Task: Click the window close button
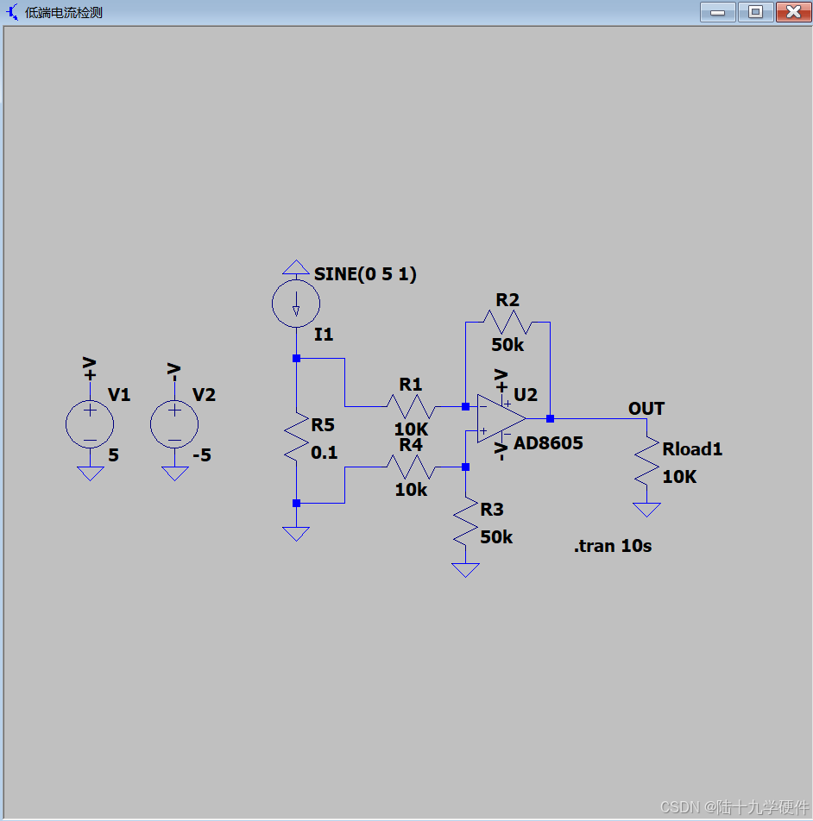[792, 12]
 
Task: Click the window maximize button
[755, 12]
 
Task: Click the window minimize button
[718, 12]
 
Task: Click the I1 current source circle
[296, 304]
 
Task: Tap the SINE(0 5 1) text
[365, 274]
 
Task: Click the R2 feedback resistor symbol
[507, 322]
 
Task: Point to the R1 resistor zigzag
[411, 405]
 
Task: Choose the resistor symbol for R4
[411, 467]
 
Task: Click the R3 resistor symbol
[465, 523]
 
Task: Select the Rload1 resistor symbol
[646, 461]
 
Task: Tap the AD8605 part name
[548, 443]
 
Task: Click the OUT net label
[646, 409]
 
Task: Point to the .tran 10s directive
[613, 546]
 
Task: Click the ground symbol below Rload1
[646, 510]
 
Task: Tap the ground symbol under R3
[465, 570]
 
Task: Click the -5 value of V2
[202, 454]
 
